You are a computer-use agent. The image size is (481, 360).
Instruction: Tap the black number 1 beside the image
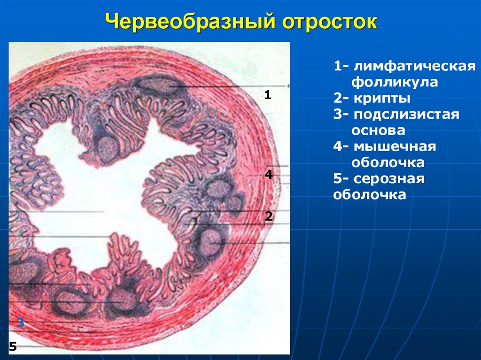[268, 95]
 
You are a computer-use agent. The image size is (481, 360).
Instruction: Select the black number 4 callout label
[269, 175]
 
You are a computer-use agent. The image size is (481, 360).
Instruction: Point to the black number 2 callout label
[269, 216]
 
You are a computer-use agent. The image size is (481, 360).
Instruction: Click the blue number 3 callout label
[20, 323]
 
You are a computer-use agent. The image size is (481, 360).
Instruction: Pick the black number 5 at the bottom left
[13, 347]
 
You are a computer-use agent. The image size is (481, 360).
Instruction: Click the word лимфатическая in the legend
[412, 66]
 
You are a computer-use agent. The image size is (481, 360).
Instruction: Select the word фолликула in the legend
[395, 82]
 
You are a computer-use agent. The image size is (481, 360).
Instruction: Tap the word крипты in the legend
[383, 99]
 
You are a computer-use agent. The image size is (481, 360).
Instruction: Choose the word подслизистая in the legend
[406, 115]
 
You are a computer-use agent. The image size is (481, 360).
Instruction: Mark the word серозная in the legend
[389, 179]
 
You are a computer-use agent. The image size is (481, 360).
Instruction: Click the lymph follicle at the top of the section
[155, 84]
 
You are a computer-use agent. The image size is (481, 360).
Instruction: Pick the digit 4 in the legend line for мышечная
[337, 146]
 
